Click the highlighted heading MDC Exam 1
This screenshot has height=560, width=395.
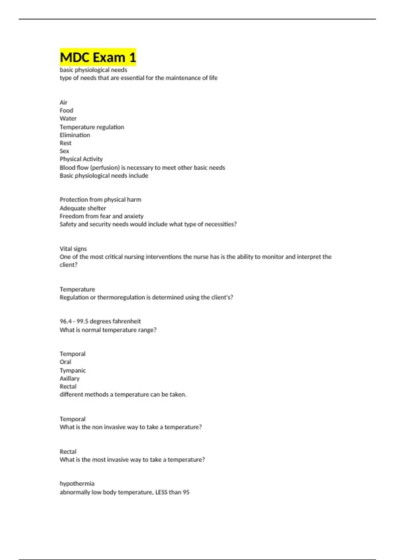(98, 57)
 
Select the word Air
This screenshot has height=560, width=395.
(64, 102)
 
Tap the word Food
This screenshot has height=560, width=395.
(66, 110)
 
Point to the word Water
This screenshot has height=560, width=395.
(68, 118)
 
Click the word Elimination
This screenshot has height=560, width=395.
(75, 135)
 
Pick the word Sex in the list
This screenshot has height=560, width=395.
(64, 151)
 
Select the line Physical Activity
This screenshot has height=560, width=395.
(81, 159)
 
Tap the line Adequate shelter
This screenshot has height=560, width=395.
(83, 208)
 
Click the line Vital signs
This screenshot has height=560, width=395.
(73, 249)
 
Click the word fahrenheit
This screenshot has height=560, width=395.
(127, 321)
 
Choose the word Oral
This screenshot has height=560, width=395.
(65, 362)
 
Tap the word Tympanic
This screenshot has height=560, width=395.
(73, 370)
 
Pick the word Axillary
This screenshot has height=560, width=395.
(69, 378)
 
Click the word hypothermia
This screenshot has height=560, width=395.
(77, 484)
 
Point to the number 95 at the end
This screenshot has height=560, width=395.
(186, 492)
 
